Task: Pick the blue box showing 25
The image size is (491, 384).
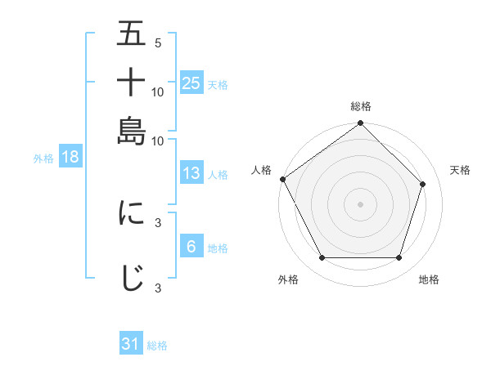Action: [191, 83]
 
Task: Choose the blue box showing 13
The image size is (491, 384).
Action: [191, 173]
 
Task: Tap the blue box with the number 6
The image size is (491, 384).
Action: [191, 247]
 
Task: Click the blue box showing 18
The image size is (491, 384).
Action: [70, 158]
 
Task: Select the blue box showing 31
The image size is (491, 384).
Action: [131, 344]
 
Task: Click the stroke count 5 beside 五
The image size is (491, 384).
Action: [157, 43]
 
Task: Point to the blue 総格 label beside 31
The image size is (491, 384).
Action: [157, 346]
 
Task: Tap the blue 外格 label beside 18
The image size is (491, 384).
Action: [43, 159]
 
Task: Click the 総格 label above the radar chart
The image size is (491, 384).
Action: [361, 106]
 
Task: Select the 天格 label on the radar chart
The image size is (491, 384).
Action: [461, 170]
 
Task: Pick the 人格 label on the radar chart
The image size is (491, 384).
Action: [262, 170]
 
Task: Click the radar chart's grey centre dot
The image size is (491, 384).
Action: [361, 204]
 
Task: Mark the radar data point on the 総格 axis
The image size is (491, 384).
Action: [361, 124]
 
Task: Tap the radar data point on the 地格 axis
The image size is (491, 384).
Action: [399, 258]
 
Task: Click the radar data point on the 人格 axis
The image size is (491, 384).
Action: [283, 179]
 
